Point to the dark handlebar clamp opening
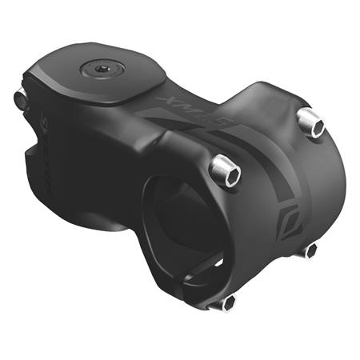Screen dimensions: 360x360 pyautogui.click(x=180, y=216)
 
